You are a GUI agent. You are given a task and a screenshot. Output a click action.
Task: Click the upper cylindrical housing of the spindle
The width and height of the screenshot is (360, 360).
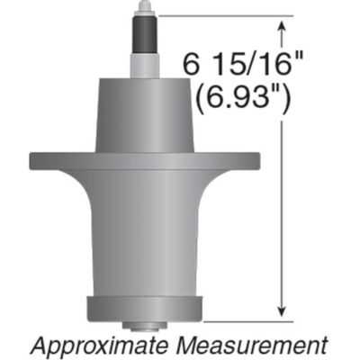tap(143, 112)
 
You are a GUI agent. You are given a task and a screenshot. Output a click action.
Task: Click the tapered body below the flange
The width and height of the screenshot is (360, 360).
tap(143, 234)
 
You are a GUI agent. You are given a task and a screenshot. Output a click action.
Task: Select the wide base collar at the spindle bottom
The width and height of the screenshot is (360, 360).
tap(143, 308)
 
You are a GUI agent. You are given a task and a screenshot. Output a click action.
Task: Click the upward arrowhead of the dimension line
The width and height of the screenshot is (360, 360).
tap(284, 28)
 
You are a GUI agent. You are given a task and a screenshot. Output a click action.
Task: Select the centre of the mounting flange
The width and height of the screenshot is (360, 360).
tap(143, 162)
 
